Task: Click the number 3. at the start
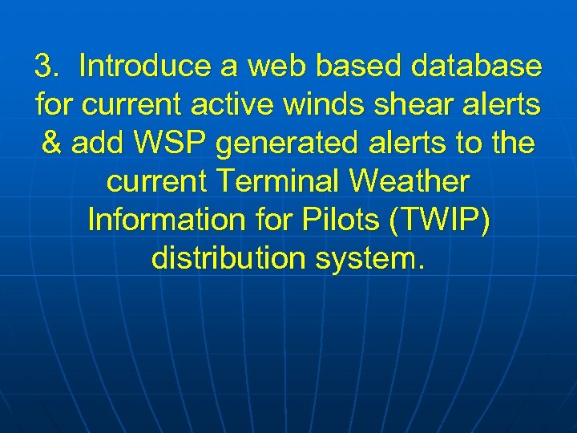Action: coord(46,66)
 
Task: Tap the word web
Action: coord(271,66)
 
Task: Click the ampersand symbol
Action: coord(51,143)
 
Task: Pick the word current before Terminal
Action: coord(155,182)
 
